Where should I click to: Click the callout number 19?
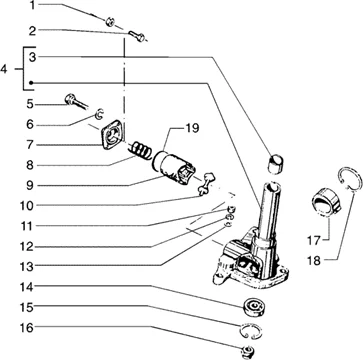pyautogui.click(x=191, y=128)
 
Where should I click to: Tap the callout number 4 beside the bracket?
pyautogui.click(x=4, y=69)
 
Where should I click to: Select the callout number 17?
pyautogui.click(x=314, y=240)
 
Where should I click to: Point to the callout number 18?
pyautogui.click(x=313, y=260)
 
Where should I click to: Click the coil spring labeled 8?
pyautogui.click(x=138, y=150)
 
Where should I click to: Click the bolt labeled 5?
pyautogui.click(x=75, y=101)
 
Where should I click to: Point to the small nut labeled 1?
pyautogui.click(x=110, y=22)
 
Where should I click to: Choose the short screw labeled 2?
pyautogui.click(x=137, y=35)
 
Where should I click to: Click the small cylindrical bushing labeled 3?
pyautogui.click(x=275, y=164)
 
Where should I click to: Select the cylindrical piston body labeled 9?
pyautogui.click(x=174, y=167)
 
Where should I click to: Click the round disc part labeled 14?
pyautogui.click(x=254, y=306)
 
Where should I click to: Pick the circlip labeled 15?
pyautogui.click(x=251, y=331)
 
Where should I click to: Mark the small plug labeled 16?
pyautogui.click(x=248, y=352)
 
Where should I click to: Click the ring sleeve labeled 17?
pyautogui.click(x=327, y=202)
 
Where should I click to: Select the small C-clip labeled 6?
pyautogui.click(x=99, y=114)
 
